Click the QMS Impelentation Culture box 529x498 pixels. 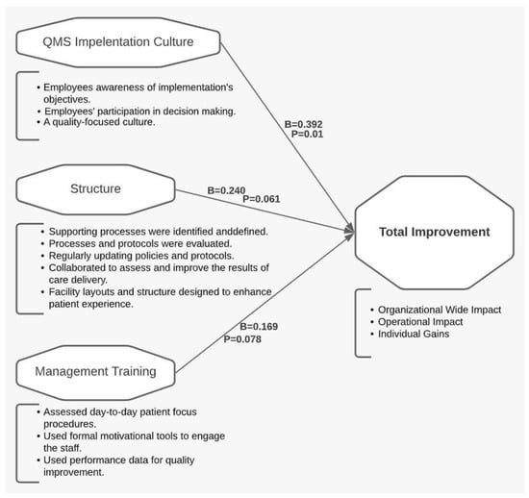coord(118,42)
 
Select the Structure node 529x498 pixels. coord(95,189)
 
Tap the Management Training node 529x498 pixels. coord(95,372)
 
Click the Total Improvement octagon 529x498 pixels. coord(435,233)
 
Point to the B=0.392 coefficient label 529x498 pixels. coord(303,124)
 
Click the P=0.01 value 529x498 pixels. coord(308,135)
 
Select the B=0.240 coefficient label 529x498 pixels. coord(226,190)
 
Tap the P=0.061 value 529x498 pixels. coord(262,199)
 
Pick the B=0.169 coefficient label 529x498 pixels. coord(259,327)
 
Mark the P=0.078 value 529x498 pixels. coord(242,339)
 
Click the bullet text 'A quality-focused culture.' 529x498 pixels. coord(99,122)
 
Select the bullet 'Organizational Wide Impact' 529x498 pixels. coord(440,310)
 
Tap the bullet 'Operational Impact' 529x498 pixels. coord(420,322)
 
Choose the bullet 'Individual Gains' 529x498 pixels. coord(414,334)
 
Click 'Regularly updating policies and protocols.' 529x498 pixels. coord(141,256)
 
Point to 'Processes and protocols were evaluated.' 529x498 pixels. coord(140,244)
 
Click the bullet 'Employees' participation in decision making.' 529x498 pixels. coord(140,112)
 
